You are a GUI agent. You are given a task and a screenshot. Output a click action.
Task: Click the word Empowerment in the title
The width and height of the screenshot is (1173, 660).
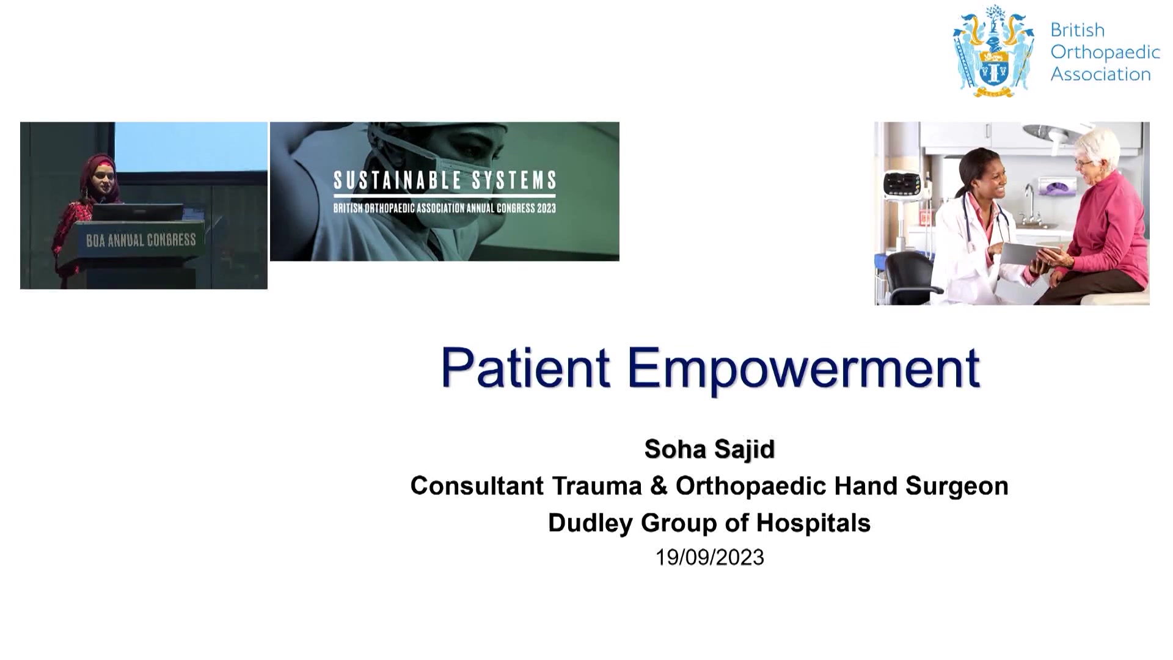pyautogui.click(x=803, y=369)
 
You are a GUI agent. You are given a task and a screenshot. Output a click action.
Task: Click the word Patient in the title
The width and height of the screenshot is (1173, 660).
pyautogui.click(x=525, y=367)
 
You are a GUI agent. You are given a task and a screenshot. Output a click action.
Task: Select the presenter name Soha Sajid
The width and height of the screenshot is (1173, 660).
pyautogui.click(x=709, y=449)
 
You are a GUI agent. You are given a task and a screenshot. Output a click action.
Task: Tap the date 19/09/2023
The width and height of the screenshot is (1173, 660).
pyautogui.click(x=709, y=557)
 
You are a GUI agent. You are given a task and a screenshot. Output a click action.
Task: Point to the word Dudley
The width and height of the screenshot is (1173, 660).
pyautogui.click(x=590, y=523)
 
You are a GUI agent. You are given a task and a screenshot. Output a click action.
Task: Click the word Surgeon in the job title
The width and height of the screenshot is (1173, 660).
pyautogui.click(x=957, y=486)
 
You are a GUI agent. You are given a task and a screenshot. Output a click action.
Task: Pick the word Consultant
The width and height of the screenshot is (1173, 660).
pyautogui.click(x=477, y=486)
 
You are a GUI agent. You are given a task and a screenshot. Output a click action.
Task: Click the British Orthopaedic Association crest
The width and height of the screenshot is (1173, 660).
pyautogui.click(x=994, y=51)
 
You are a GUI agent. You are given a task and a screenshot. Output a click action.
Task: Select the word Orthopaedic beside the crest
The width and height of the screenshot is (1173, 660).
pyautogui.click(x=1105, y=52)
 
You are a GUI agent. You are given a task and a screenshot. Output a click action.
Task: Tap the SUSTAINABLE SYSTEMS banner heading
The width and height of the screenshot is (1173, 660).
pyautogui.click(x=445, y=180)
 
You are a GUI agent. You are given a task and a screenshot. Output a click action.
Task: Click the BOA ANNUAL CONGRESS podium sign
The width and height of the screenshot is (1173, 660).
pyautogui.click(x=141, y=240)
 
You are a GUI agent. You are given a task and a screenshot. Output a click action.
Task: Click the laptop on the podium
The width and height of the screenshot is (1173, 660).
pyautogui.click(x=138, y=212)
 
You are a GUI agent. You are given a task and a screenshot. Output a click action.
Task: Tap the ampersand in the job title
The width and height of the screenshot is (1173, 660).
pyautogui.click(x=659, y=486)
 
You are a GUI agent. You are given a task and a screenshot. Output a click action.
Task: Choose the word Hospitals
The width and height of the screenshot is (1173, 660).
pyautogui.click(x=813, y=523)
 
